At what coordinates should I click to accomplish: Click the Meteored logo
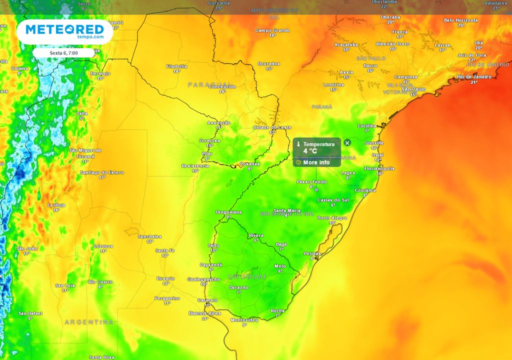coord(64,31)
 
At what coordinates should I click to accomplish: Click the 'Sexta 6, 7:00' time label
coord(63,52)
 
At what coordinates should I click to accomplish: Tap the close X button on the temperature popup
coord(347,143)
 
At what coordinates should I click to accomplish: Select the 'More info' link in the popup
coord(316,162)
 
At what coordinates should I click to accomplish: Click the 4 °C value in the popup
coord(310,151)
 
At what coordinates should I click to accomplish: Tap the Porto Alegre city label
coord(332,218)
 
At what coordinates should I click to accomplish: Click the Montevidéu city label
coord(244,320)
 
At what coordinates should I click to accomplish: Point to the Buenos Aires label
coord(204,313)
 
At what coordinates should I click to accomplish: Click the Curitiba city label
coord(366,126)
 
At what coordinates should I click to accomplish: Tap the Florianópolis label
coord(379,169)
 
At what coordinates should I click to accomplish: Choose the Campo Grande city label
coord(272,30)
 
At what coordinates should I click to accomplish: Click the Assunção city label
coord(219,123)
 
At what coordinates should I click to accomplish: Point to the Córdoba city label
coord(103,246)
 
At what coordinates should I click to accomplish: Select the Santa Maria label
coord(286,210)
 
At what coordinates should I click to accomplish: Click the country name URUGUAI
coord(247,276)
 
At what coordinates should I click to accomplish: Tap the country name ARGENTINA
coord(89,322)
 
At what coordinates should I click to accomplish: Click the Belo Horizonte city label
coord(461,20)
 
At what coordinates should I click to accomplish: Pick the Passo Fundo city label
coord(311,182)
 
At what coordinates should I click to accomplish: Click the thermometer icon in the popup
coord(298,144)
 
